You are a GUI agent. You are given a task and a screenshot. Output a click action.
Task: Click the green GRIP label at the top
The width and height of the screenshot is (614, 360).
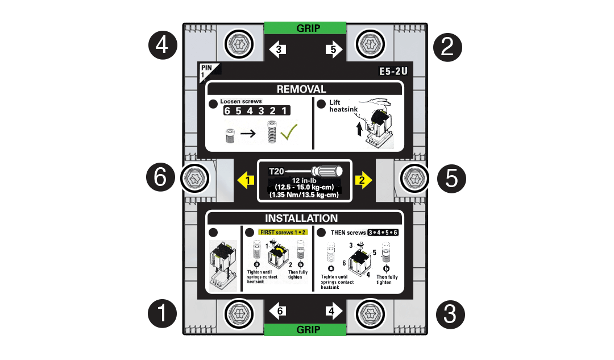pos(305,28)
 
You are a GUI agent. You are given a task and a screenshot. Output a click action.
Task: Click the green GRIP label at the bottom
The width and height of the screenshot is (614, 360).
pos(305,330)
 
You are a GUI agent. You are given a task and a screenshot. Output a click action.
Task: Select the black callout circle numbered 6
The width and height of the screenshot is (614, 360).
pos(160,179)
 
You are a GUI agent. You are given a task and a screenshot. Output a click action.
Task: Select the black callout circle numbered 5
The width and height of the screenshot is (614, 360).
pos(451,179)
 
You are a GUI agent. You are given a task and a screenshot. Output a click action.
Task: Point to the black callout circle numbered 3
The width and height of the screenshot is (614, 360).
pos(450,313)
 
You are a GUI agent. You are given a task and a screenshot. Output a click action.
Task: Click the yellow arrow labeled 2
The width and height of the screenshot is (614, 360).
pos(363,181)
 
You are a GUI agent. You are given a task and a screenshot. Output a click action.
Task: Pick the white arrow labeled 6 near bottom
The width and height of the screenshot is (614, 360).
pos(279,311)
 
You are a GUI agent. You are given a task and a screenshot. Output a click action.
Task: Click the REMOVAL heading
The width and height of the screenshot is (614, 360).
pos(301,89)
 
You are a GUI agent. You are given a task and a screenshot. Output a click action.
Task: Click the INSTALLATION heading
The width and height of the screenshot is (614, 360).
pos(301,218)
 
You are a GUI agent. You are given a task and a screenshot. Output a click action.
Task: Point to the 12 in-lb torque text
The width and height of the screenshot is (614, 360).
pos(304,180)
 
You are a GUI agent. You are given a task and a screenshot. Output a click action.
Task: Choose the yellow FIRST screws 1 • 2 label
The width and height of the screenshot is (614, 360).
pos(283,232)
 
